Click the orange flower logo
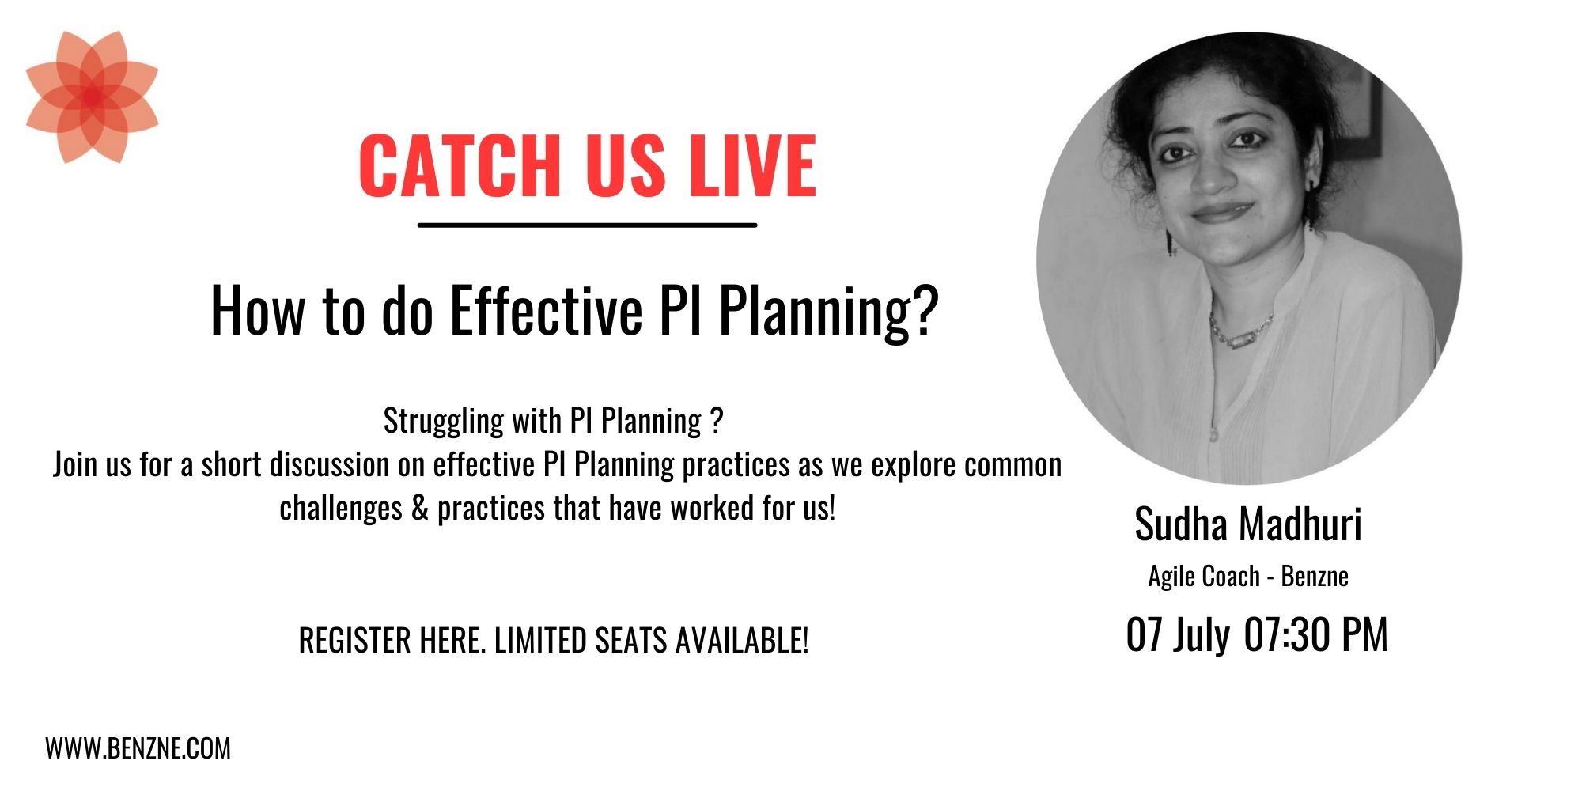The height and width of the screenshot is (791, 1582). [x=92, y=97]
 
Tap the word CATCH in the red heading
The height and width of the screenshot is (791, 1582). [x=460, y=165]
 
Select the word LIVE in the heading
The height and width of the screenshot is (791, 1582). [x=752, y=165]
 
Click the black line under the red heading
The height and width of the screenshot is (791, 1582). [x=587, y=225]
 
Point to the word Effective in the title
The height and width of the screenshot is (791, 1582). [x=547, y=311]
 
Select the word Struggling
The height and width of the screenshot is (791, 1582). [x=444, y=422]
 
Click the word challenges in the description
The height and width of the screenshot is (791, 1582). [x=341, y=509]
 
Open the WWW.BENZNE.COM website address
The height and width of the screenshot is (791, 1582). [x=138, y=748]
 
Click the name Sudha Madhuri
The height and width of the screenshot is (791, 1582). [x=1248, y=524]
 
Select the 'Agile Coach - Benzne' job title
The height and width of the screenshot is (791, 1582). [x=1248, y=576]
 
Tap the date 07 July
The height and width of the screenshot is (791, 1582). [x=1179, y=635]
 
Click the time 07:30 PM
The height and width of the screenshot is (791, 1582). [x=1316, y=634]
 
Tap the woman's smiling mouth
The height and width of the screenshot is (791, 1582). [x=1221, y=212]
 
